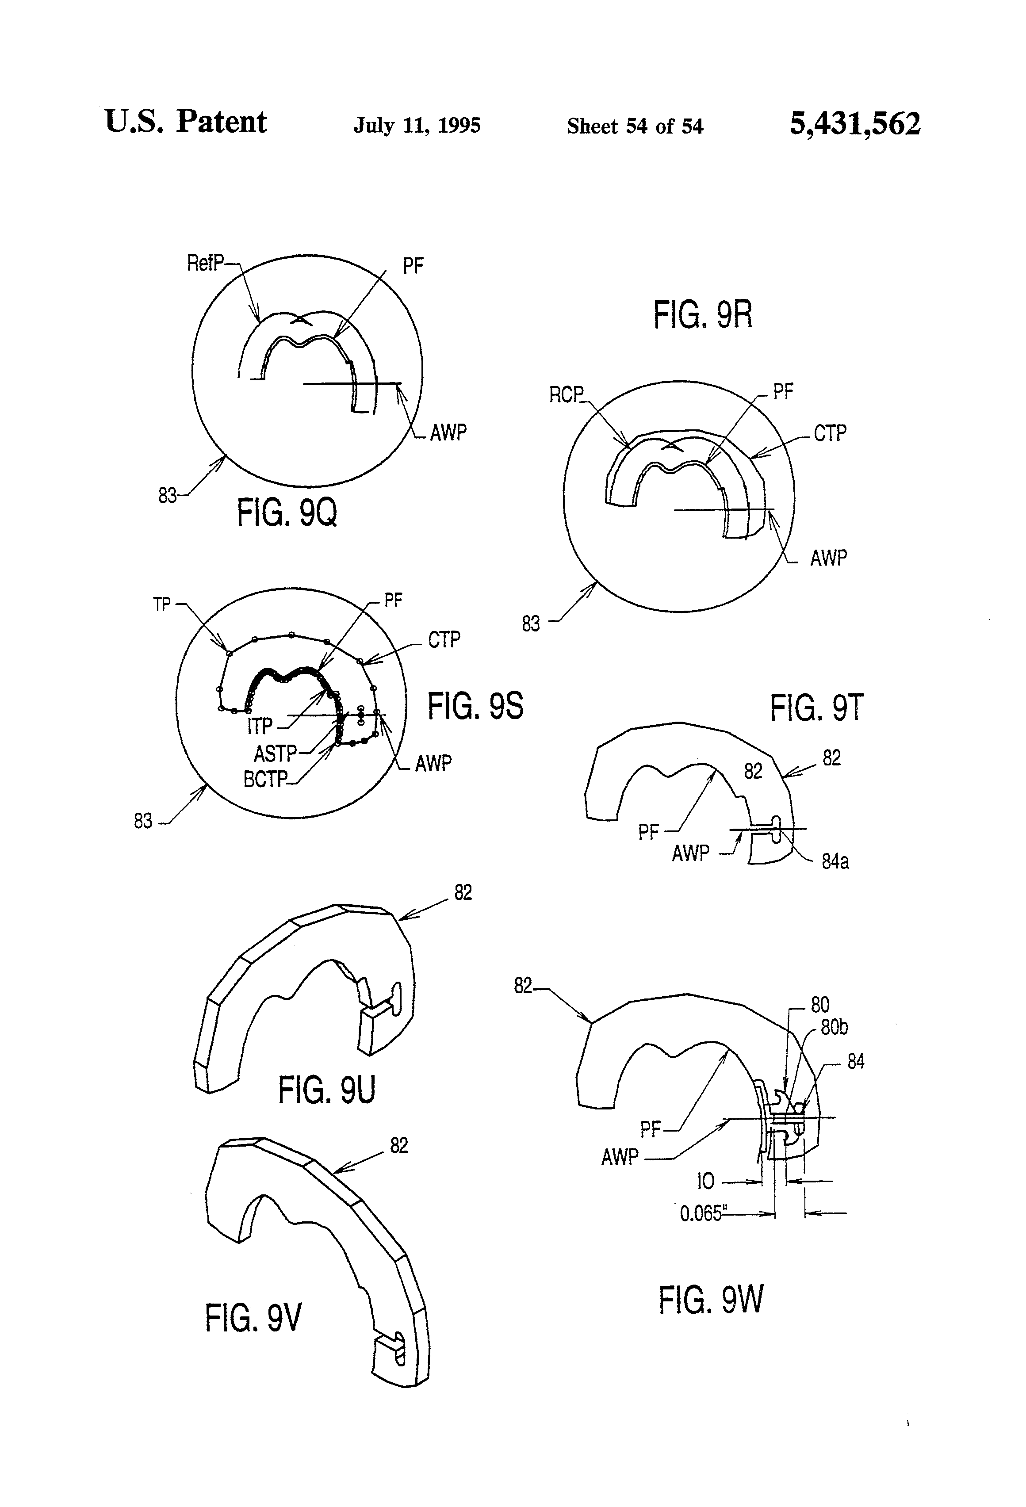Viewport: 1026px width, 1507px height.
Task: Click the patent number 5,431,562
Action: click(855, 124)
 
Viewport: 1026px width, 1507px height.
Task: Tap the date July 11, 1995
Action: click(417, 125)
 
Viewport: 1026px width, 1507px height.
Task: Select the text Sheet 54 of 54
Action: click(635, 126)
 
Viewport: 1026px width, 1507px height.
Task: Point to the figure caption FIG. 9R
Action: click(702, 315)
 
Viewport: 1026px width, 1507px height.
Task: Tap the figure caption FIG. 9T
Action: click(816, 708)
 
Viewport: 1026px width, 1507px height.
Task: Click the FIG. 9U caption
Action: click(327, 1090)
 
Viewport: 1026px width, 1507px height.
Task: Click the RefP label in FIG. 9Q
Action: click(205, 263)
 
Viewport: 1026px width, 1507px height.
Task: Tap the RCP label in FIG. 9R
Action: click(566, 395)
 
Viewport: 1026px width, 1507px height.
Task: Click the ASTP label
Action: click(275, 753)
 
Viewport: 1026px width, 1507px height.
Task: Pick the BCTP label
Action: click(264, 779)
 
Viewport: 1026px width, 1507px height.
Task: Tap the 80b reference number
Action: click(834, 1028)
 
